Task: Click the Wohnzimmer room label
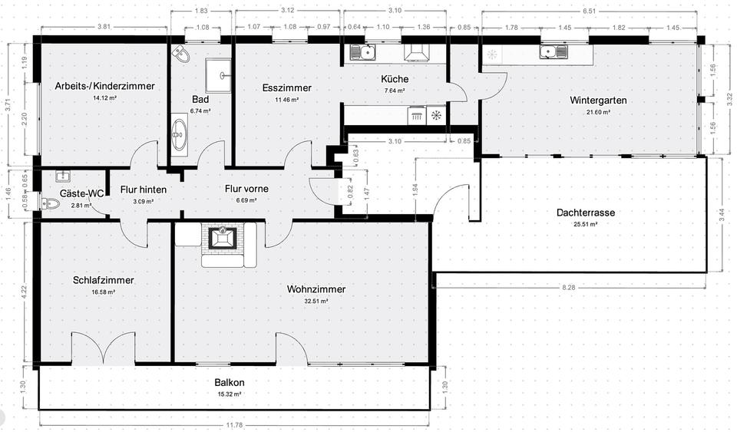pos(316,289)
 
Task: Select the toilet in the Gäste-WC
pos(51,204)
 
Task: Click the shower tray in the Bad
pos(223,75)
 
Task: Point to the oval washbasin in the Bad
pos(180,135)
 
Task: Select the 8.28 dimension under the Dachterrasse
pos(568,286)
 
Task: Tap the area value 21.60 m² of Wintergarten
pos(598,112)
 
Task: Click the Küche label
pos(395,79)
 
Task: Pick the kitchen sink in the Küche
pos(362,52)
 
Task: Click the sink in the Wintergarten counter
pos(553,52)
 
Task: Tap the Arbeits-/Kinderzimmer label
pos(104,87)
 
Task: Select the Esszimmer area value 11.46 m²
pos(286,100)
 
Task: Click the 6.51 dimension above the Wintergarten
pos(590,11)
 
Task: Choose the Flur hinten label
pos(144,190)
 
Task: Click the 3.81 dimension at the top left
pos(104,27)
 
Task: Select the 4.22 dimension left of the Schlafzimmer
pos(25,291)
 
